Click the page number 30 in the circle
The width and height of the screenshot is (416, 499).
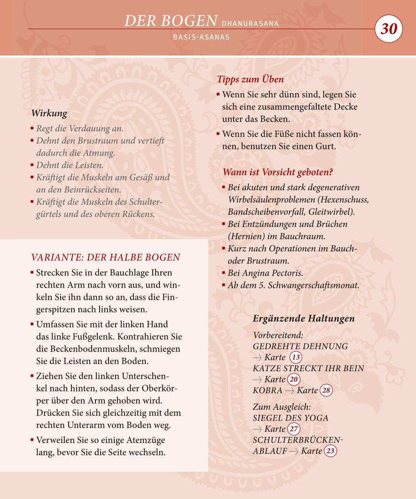[389, 29]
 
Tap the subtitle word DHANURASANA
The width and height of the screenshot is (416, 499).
[250, 23]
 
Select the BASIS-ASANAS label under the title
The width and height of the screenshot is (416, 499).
[201, 37]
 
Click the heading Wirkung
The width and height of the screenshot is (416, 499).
[49, 113]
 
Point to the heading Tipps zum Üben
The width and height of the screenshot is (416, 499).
[250, 79]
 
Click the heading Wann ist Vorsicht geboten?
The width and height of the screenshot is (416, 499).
[278, 172]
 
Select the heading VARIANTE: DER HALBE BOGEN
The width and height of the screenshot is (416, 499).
[105, 257]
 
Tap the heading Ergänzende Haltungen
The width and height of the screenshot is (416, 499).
[304, 319]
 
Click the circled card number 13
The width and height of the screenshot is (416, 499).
[296, 358]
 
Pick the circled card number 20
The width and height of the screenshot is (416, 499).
[294, 379]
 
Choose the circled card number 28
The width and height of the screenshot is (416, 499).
[326, 390]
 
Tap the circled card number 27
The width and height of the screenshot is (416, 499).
[294, 429]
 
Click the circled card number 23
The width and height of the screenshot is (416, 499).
[330, 451]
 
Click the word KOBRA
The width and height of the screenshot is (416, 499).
[267, 390]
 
